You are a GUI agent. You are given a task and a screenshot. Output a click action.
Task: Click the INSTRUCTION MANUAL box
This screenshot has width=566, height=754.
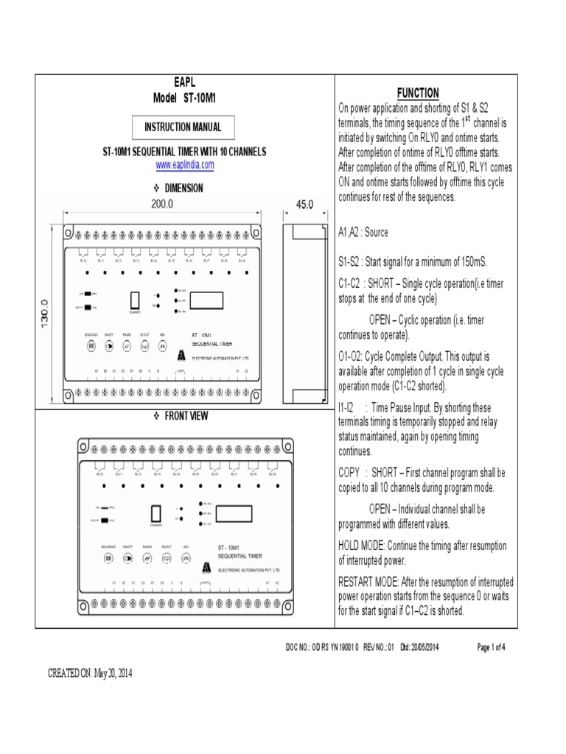tap(183, 127)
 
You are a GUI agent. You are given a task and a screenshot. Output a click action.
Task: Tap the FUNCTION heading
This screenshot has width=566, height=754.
tap(418, 93)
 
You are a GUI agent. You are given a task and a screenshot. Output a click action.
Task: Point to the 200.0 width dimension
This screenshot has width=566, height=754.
tap(162, 204)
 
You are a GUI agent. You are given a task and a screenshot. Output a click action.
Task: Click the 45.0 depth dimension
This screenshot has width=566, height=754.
tap(304, 204)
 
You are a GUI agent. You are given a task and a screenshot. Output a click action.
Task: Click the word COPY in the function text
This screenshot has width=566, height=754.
tap(351, 473)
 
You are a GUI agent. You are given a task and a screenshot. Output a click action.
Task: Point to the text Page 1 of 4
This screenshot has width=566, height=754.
tap(492, 647)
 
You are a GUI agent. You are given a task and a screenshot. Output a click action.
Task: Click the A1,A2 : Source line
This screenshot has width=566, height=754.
tap(363, 233)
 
